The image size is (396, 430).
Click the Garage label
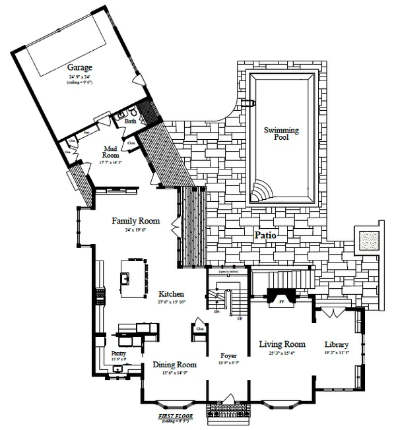pyautogui.click(x=79, y=67)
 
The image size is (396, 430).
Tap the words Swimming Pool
pyautogui.click(x=281, y=135)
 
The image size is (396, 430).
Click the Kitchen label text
pyautogui.click(x=170, y=293)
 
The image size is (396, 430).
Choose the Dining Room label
pyautogui.click(x=175, y=365)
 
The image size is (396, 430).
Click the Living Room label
pyautogui.click(x=282, y=344)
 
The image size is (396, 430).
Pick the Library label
pyautogui.click(x=336, y=344)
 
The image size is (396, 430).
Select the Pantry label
pyautogui.click(x=119, y=353)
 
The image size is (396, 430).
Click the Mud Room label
pyautogui.click(x=110, y=152)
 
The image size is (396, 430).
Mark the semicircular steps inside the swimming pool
pyautogui.click(x=261, y=191)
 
